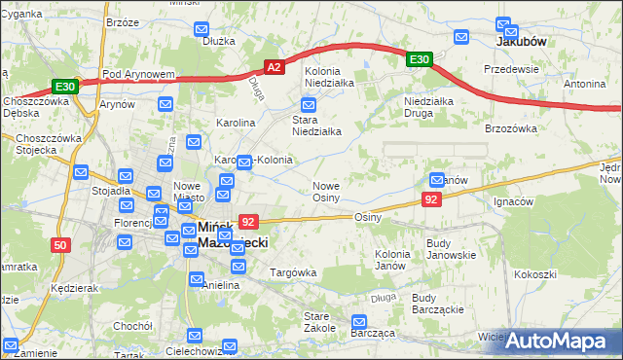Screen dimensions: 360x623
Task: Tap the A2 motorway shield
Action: click(x=275, y=67)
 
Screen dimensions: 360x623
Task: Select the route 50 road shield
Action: click(x=60, y=245)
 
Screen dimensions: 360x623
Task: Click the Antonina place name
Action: click(x=584, y=84)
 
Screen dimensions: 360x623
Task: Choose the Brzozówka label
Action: click(x=511, y=127)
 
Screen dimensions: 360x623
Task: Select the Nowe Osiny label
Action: click(x=325, y=192)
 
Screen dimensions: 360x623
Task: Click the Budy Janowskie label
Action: click(x=451, y=249)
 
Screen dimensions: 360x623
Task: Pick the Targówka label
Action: click(x=293, y=272)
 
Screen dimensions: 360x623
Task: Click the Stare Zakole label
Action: click(x=320, y=322)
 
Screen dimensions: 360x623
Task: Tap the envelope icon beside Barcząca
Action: click(x=358, y=321)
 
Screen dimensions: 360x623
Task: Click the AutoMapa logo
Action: click(x=559, y=341)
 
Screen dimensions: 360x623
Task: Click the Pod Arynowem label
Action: click(x=137, y=74)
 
